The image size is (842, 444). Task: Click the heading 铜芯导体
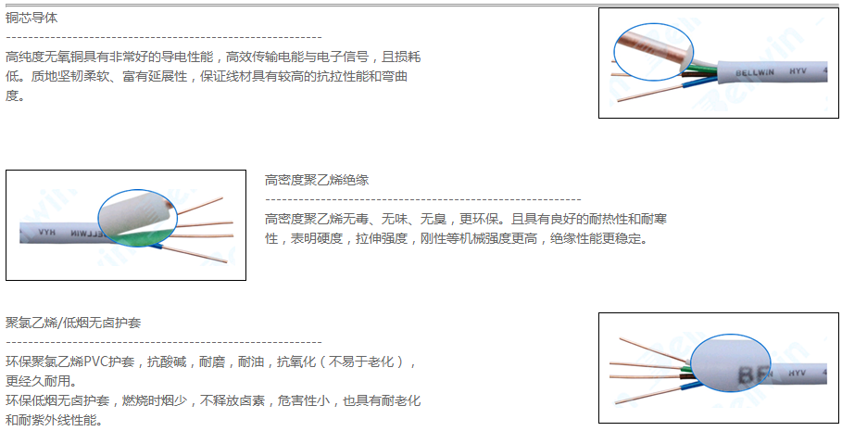[31, 18]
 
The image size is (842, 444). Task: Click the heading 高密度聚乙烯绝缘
[316, 180]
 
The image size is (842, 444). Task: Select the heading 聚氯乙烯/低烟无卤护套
[73, 323]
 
